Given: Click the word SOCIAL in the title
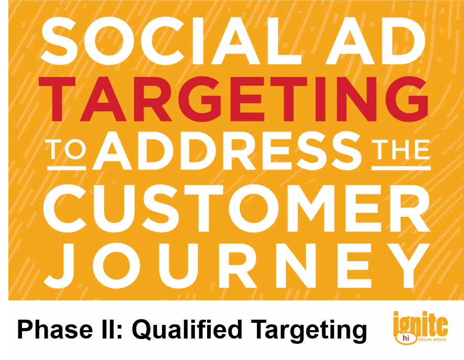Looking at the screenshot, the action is click(171, 40).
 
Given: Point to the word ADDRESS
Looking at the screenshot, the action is click(227, 151).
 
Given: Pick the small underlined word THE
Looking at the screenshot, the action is click(401, 150).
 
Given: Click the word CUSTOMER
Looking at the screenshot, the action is click(237, 208).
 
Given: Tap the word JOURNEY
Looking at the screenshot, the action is click(238, 265).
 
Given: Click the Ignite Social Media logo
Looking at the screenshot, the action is click(420, 328).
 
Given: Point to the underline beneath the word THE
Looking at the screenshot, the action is click(401, 168).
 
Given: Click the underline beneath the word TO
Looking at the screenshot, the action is click(67, 168).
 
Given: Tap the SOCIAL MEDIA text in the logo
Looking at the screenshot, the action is click(432, 340).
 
